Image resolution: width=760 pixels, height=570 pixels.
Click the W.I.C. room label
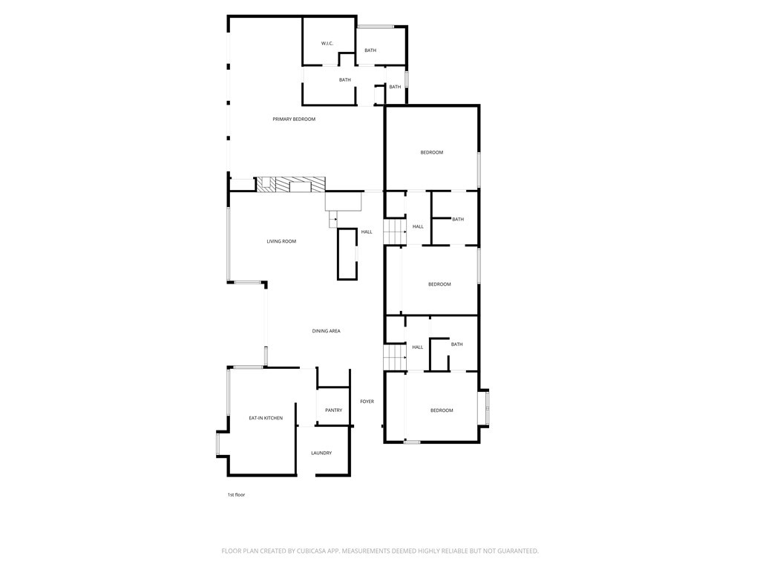tap(327, 43)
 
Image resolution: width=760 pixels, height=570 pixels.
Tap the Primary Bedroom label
tap(294, 119)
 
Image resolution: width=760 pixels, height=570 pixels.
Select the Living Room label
tap(281, 241)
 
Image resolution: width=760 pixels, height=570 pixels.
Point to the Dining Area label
tap(326, 331)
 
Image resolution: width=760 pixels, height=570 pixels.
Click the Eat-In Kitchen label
tap(266, 419)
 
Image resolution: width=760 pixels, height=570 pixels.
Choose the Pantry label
tap(333, 410)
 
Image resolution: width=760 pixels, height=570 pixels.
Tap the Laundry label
tap(321, 453)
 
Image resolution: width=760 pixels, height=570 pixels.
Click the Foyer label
tap(367, 402)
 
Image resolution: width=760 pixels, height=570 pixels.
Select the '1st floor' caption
tap(236, 494)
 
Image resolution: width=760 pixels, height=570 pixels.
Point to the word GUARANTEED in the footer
tap(511, 551)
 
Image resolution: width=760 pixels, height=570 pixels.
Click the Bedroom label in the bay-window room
tap(442, 410)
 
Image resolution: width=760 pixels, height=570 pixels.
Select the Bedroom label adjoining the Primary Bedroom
tap(432, 153)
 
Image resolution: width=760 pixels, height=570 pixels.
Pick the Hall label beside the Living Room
tap(367, 232)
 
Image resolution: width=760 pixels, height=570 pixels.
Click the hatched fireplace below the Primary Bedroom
tap(291, 185)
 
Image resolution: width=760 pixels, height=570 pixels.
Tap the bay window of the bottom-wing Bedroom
tap(487, 407)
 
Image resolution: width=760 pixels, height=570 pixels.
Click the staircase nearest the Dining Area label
tap(394, 357)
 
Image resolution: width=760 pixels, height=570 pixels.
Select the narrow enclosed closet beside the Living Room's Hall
tap(347, 254)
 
